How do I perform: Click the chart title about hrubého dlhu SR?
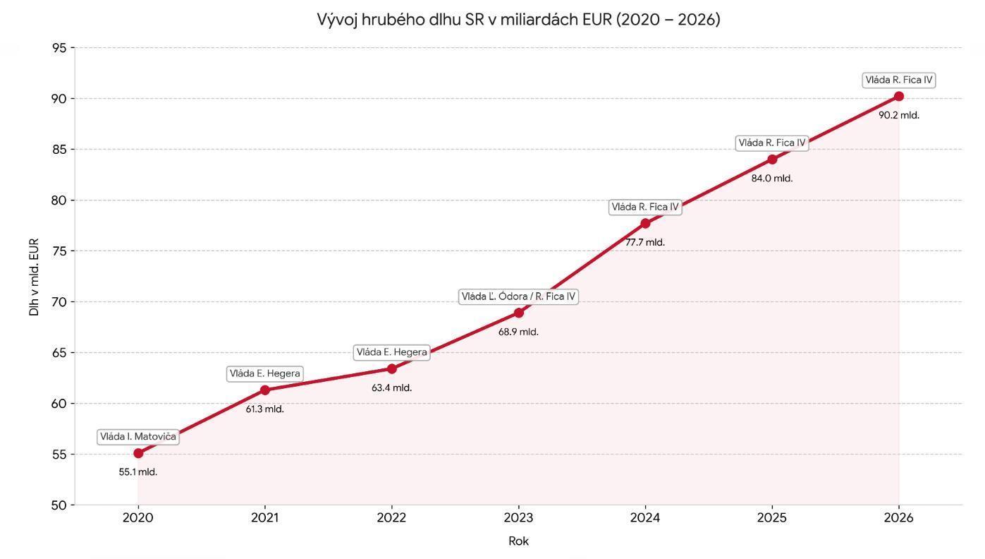pos(518,20)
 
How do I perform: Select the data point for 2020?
pos(138,453)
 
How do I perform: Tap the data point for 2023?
pos(519,313)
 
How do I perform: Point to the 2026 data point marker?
pos(899,97)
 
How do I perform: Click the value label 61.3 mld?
pos(264,409)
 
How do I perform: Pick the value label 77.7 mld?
pos(645,242)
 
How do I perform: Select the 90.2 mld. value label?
pos(899,115)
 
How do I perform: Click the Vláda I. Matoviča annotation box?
pos(138,437)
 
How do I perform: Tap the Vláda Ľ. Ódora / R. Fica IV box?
pos(518,296)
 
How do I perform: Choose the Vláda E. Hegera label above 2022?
pos(392,352)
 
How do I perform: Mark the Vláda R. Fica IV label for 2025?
pos(772,143)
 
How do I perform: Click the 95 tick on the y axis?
pos(59,47)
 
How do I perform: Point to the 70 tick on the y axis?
pos(59,302)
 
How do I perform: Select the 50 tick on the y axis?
pos(59,505)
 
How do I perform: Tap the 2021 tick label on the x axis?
pos(264,517)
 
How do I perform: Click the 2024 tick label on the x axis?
pos(645,517)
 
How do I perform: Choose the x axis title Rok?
pos(518,541)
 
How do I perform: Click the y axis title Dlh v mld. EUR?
pos(34,277)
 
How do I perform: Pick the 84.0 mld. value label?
pos(772,179)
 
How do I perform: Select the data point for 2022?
pos(392,369)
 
